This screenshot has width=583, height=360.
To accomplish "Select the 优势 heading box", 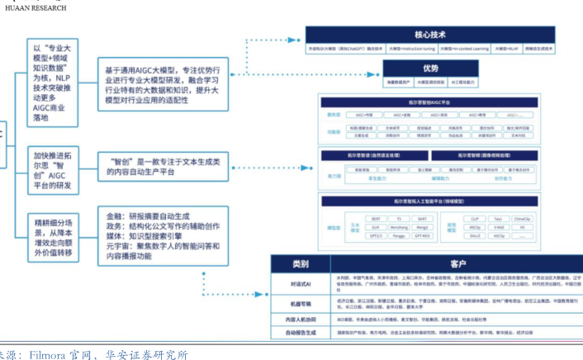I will (430, 69).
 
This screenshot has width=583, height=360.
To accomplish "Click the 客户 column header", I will (442, 264).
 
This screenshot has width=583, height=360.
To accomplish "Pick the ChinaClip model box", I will (522, 219).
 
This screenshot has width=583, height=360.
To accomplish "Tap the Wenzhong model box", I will (399, 226).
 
